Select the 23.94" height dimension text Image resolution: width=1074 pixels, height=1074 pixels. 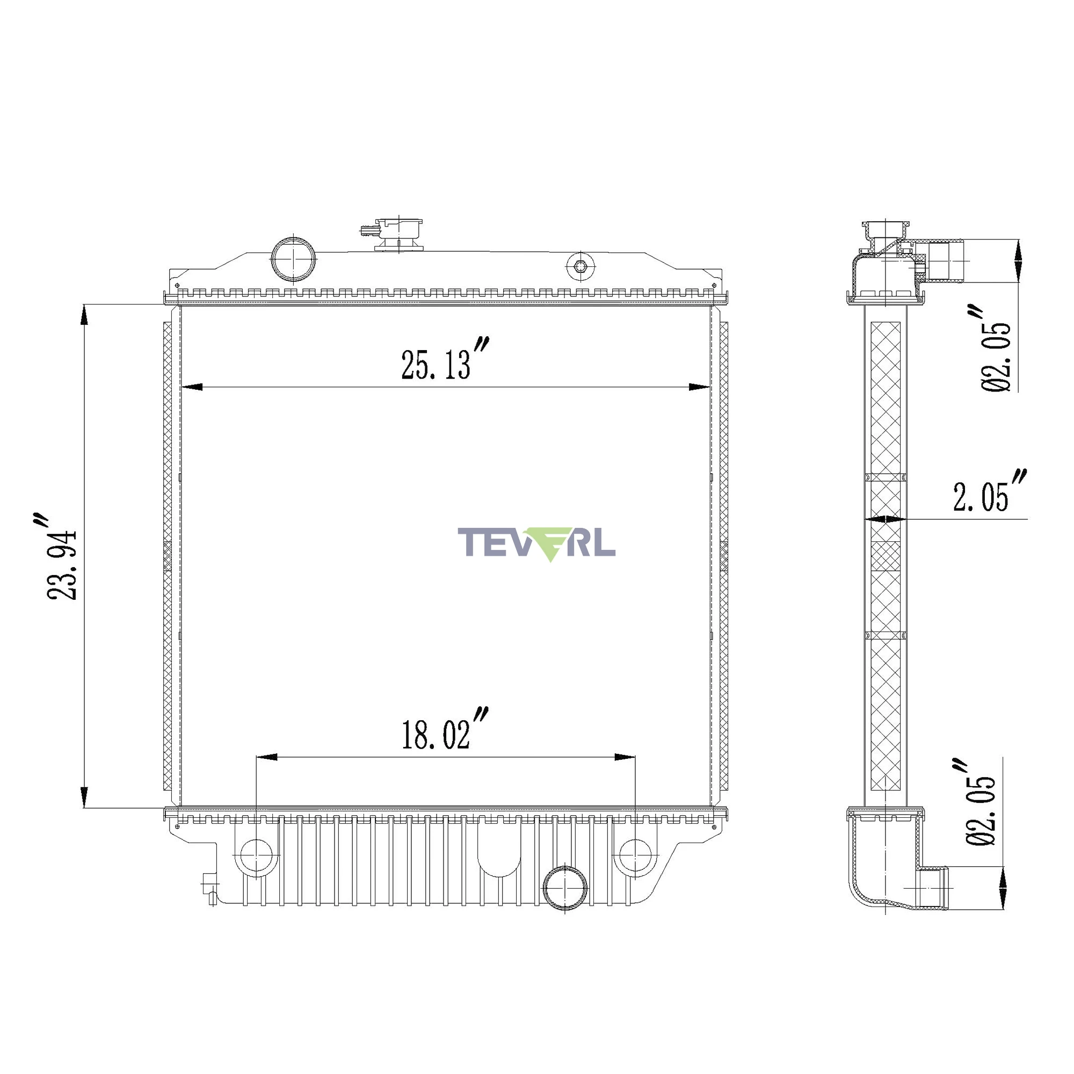click(x=61, y=556)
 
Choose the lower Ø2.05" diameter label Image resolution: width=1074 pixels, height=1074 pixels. click(x=980, y=801)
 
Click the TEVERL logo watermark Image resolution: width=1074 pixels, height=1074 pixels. click(x=536, y=543)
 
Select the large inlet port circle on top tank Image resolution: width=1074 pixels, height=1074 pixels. click(x=294, y=259)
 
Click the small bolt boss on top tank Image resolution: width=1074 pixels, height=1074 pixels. click(x=580, y=266)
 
